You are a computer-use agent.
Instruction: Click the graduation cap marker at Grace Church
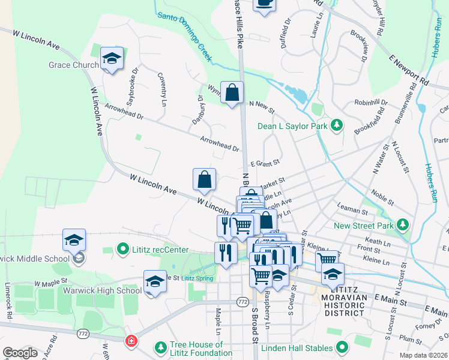[112, 58]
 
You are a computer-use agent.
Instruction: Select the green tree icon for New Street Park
[403, 226]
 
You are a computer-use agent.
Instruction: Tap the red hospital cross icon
[130, 341]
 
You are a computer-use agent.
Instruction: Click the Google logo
[20, 353]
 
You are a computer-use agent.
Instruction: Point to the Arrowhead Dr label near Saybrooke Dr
[124, 111]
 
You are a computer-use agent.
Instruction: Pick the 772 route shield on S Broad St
[243, 301]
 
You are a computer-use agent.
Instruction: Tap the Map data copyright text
[423, 355]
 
